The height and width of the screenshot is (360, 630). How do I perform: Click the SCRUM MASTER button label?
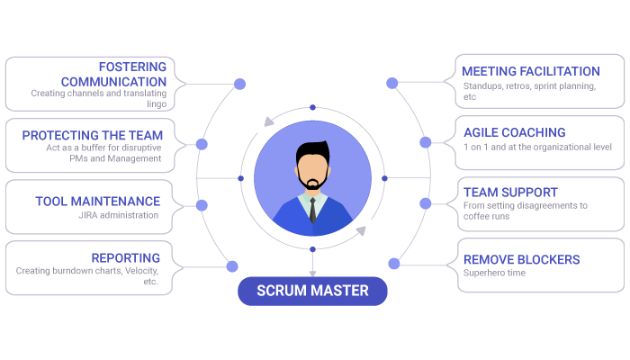tap(312, 291)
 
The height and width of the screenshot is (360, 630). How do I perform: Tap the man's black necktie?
tap(312, 210)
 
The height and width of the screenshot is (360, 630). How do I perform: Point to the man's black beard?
tap(312, 180)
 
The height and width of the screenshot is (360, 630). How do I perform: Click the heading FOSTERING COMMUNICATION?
tap(113, 75)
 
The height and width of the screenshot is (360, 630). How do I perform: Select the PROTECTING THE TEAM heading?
tap(93, 135)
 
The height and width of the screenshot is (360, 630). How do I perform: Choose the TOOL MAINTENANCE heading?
tap(97, 202)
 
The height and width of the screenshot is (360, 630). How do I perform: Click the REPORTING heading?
tap(126, 258)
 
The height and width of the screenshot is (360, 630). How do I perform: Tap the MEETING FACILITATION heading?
tap(531, 71)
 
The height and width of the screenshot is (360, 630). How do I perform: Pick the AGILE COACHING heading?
tap(515, 132)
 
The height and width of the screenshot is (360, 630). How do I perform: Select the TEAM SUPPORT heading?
tap(510, 193)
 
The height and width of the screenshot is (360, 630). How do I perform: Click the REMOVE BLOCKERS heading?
tap(522, 259)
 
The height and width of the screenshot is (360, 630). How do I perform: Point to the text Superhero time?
tap(495, 273)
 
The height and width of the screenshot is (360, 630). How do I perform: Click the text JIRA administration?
tap(119, 215)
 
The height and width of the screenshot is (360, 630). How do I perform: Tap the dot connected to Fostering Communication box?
tap(240, 84)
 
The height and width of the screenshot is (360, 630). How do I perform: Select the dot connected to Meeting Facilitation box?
tap(392, 83)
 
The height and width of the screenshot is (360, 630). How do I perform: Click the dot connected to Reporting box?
tap(232, 266)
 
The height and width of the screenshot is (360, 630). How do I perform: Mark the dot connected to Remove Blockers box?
tap(394, 264)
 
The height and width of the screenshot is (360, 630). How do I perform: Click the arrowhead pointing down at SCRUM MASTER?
tap(312, 274)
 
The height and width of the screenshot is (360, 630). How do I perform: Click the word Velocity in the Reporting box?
tap(141, 271)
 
